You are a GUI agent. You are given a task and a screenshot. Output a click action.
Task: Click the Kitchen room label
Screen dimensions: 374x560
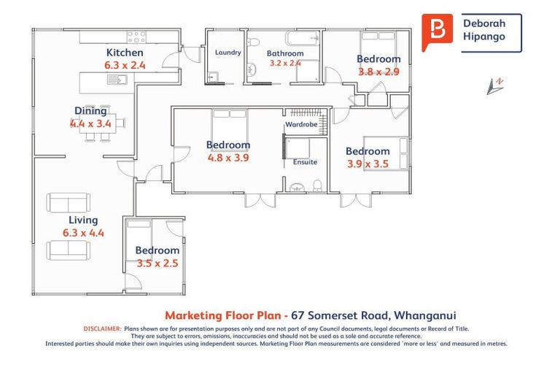(125, 53)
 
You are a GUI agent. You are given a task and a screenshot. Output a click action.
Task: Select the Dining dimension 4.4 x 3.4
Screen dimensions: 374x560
(90, 123)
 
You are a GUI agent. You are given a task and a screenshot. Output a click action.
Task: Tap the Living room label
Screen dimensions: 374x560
(83, 220)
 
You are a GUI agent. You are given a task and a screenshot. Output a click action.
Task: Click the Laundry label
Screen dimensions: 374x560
(227, 53)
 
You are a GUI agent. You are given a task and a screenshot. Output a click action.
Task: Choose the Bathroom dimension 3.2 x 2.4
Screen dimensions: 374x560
(285, 63)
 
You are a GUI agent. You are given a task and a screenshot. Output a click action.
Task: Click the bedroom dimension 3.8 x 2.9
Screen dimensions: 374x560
(378, 72)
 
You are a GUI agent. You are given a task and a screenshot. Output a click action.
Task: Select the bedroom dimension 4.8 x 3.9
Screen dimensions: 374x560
(227, 158)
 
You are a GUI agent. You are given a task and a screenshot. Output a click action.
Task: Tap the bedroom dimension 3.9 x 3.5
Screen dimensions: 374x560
(367, 164)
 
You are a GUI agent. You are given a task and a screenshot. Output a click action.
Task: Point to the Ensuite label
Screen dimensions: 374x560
(305, 162)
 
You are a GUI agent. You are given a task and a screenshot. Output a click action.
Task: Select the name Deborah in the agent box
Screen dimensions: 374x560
(484, 23)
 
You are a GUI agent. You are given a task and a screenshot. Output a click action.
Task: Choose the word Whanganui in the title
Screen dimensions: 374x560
(425, 316)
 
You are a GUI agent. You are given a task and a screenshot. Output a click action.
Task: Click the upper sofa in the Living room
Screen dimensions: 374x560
(69, 202)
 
